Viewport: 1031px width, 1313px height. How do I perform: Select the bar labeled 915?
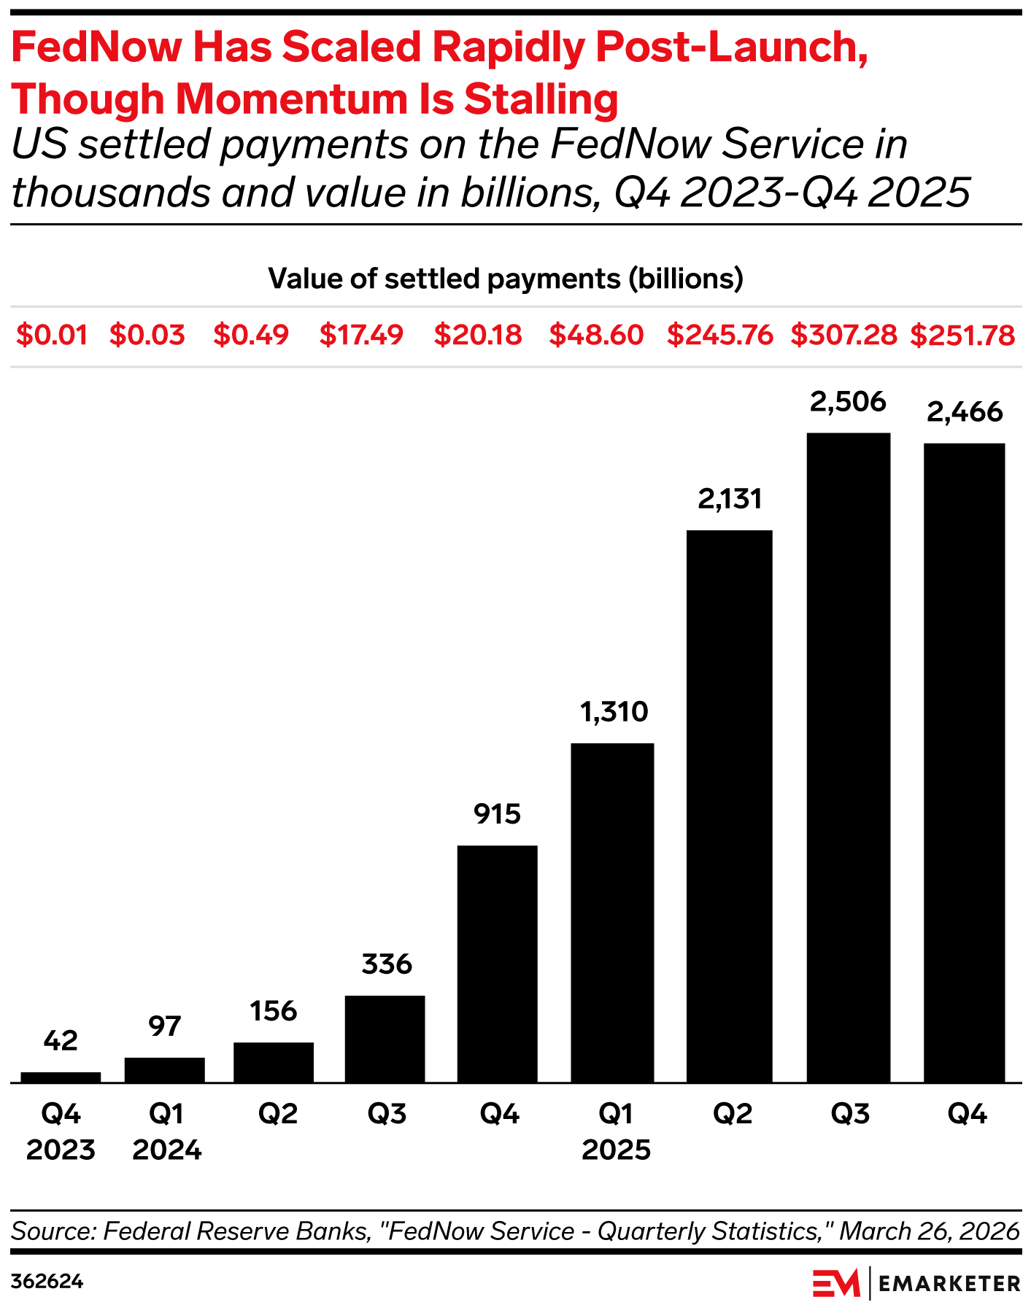(x=497, y=964)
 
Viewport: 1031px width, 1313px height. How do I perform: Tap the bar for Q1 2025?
(x=612, y=913)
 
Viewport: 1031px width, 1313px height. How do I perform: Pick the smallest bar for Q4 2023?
(x=61, y=1077)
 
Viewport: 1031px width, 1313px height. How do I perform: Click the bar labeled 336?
(x=385, y=1039)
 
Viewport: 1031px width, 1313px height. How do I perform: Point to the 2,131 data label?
(x=730, y=500)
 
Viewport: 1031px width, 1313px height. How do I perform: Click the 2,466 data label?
(x=965, y=413)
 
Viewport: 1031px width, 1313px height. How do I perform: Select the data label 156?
(x=274, y=1012)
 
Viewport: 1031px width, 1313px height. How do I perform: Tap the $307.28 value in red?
(x=843, y=336)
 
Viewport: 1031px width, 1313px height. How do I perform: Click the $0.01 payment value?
(x=52, y=336)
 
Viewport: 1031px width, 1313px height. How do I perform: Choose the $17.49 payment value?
(x=361, y=336)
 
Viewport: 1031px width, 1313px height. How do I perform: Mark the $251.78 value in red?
(x=962, y=336)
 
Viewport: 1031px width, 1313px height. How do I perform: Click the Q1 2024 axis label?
(x=166, y=1132)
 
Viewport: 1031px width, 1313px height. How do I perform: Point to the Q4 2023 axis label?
(x=61, y=1132)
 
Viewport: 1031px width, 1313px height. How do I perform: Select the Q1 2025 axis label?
(x=616, y=1132)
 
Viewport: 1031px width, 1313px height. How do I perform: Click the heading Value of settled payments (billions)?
(x=506, y=279)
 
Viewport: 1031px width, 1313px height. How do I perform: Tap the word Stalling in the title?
(x=541, y=99)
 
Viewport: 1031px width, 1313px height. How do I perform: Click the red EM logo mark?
(x=836, y=1283)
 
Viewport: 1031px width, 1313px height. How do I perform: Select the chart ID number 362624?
(x=47, y=1282)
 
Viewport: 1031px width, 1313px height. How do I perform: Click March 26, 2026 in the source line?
(x=929, y=1231)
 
